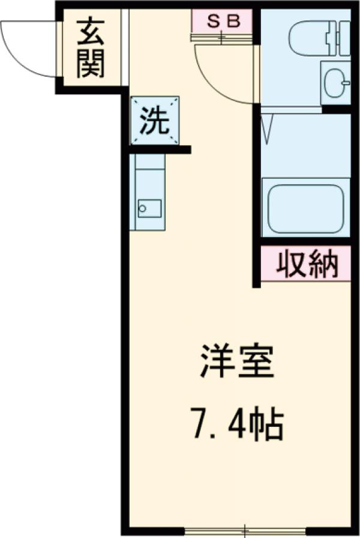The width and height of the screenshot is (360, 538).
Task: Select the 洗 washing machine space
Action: click(155, 121)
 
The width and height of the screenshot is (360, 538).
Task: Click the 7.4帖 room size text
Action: click(237, 424)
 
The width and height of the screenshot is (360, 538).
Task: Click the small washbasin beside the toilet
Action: click(337, 82)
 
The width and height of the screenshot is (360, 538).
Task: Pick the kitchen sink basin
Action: click(149, 208)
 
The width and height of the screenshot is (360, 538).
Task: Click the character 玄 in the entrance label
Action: click(91, 34)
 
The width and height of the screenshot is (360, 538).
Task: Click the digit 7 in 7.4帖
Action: click(200, 424)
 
